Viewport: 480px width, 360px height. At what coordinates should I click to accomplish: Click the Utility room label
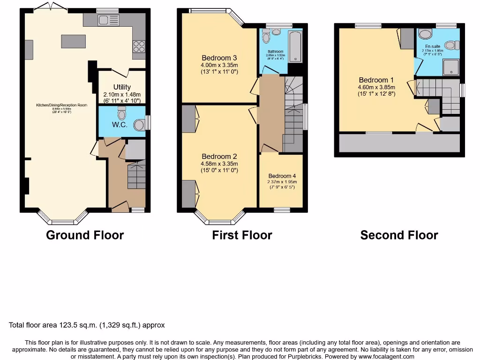(122, 87)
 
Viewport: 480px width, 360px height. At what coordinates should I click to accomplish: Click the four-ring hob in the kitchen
(139, 46)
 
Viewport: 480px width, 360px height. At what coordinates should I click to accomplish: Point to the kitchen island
(73, 41)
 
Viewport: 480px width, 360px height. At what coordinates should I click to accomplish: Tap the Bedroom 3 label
(219, 58)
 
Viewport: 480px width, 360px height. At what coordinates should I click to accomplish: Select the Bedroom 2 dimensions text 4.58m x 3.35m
(219, 164)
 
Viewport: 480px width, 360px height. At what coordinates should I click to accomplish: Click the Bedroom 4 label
(282, 176)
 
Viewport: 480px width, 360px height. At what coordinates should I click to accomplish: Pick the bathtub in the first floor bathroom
(295, 46)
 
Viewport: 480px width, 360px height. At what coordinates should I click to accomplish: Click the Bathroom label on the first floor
(276, 52)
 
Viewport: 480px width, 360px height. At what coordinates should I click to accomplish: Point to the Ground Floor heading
(85, 235)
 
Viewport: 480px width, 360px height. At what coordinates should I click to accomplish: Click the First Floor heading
(242, 235)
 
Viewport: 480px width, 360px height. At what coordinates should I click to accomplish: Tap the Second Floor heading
(399, 235)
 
